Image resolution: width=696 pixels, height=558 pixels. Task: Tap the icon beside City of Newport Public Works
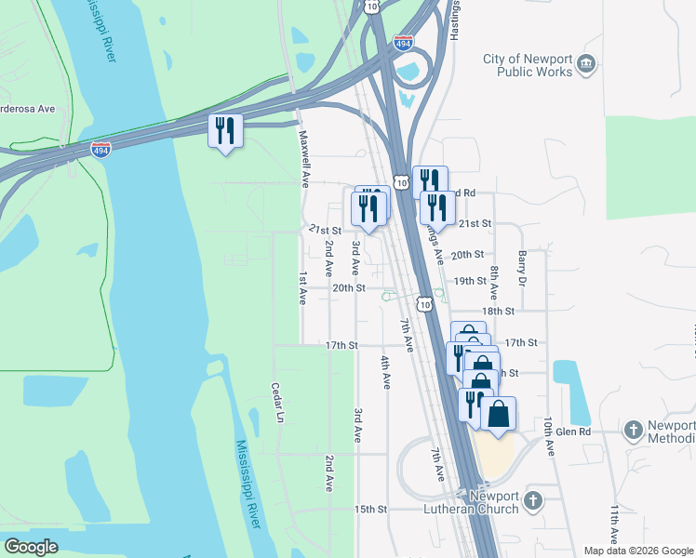point(586,63)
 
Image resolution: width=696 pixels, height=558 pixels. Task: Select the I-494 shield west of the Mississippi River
point(101,149)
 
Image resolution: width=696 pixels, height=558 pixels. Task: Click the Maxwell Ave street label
point(303,158)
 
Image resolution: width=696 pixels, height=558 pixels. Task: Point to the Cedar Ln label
point(276,401)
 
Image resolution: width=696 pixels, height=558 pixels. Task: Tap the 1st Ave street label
point(302,288)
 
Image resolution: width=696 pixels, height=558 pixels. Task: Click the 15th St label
point(369,510)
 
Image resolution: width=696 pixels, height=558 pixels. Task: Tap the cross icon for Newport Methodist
point(634,431)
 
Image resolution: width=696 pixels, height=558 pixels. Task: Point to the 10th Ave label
point(550,435)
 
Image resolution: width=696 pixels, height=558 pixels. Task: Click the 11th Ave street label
point(614,525)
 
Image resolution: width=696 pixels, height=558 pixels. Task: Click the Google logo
point(31,547)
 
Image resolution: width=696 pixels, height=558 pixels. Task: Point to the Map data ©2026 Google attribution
point(637,551)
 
